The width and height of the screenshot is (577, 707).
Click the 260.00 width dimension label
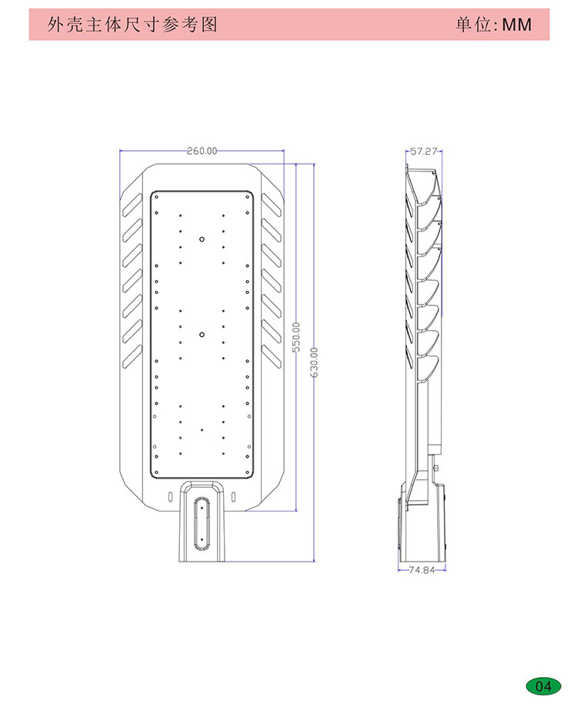coord(202,151)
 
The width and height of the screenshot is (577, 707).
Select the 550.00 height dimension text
coord(296,337)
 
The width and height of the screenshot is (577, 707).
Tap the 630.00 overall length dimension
coord(314,362)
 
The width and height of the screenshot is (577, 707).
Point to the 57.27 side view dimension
coord(424,151)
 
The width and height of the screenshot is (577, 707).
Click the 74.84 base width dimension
coord(422,570)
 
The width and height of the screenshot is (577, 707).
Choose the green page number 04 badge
coord(544,686)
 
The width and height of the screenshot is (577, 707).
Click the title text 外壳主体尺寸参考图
coord(132,25)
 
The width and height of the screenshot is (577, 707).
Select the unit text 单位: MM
coord(494,25)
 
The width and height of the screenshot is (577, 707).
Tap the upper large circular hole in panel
coord(202,239)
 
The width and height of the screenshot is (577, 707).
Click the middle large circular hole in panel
coord(202,335)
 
